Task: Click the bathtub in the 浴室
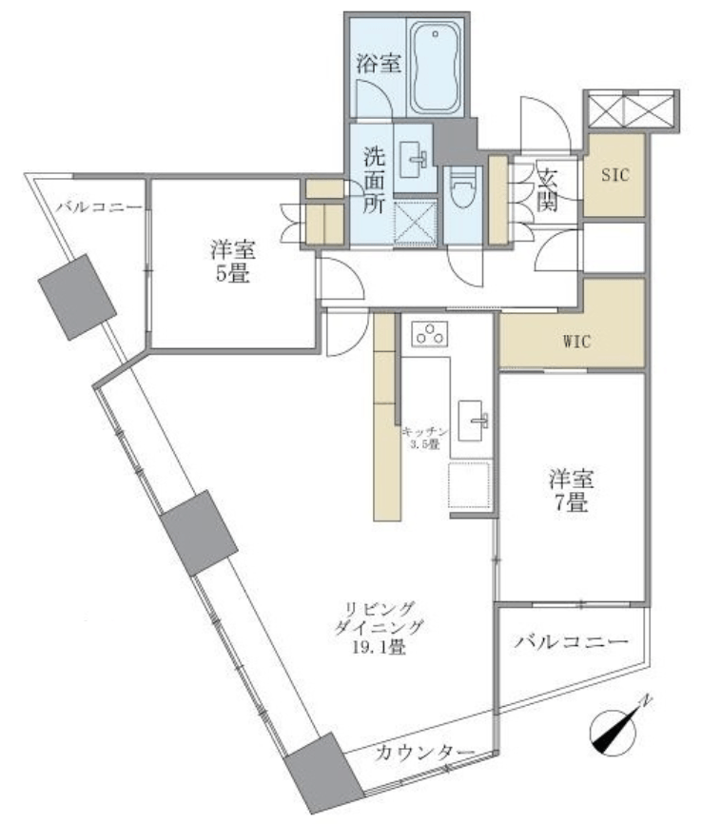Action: click(x=435, y=68)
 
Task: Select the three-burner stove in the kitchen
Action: click(x=430, y=334)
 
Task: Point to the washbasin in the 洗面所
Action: click(x=414, y=159)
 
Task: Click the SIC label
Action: click(x=614, y=175)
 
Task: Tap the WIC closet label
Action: click(x=577, y=343)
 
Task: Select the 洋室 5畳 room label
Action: click(x=233, y=261)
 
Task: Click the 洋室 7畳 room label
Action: click(x=572, y=491)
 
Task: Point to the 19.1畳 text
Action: click(x=379, y=647)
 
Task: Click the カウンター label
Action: click(x=424, y=754)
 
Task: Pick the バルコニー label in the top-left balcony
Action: click(x=99, y=206)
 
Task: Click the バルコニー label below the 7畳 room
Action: click(x=572, y=641)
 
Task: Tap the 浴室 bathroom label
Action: click(x=379, y=63)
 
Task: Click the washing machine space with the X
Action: click(x=415, y=223)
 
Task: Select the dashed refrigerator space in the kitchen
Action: click(x=470, y=485)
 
